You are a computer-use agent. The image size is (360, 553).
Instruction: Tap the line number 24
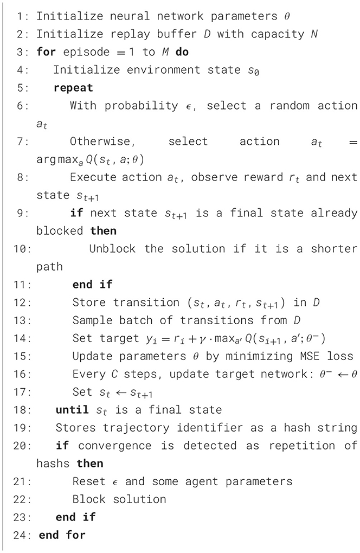[21, 535]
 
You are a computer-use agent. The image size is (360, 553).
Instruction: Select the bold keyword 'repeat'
[73, 87]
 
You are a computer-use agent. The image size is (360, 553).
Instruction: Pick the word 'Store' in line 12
[87, 303]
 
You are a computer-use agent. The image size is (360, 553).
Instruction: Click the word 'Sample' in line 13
[90, 320]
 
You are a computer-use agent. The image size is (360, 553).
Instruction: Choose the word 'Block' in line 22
[87, 499]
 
